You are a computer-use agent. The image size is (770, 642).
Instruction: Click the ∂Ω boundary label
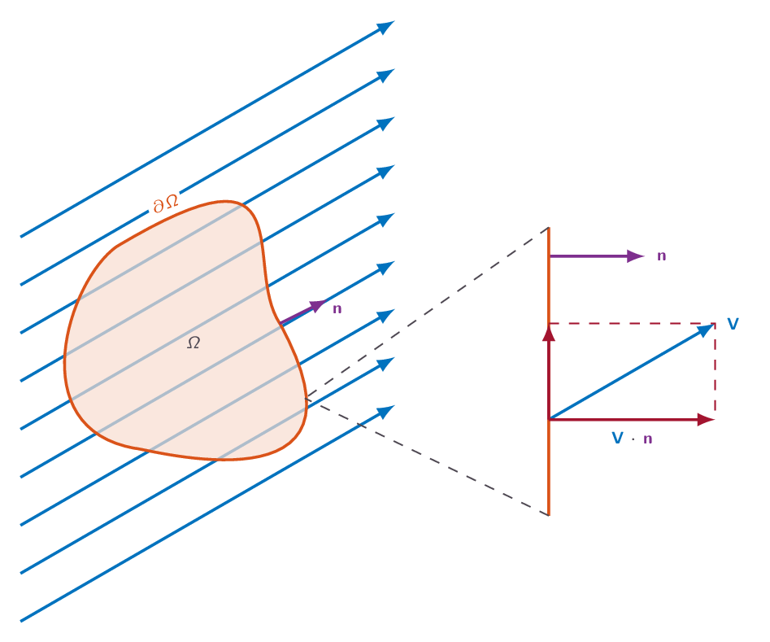pos(166,203)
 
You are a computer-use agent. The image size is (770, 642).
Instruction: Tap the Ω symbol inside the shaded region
pos(194,343)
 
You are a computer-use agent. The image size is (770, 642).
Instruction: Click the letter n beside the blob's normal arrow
pos(337,308)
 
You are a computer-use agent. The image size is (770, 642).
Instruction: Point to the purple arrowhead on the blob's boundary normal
pos(318,305)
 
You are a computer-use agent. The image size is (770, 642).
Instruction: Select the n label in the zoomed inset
pos(662,256)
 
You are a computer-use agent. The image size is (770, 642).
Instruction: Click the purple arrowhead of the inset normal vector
pos(636,256)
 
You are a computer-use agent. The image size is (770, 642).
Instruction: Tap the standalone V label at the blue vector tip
pos(733,324)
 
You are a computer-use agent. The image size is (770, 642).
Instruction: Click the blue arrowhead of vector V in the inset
pos(706,330)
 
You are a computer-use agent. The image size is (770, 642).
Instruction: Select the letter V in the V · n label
pos(618,438)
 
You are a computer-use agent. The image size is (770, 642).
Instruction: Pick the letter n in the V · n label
pos(648,439)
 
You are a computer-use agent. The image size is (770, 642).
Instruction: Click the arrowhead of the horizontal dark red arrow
pos(706,420)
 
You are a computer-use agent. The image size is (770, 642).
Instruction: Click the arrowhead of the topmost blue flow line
pos(386,27)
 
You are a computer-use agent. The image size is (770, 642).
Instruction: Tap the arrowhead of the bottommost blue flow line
pos(386,412)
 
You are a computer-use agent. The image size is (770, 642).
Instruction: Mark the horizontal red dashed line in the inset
pos(632,324)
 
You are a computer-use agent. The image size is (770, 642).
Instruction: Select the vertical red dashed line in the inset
pos(715,372)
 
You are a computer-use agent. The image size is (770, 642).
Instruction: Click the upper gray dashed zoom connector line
pos(426,312)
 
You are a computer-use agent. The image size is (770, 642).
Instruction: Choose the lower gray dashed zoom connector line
pos(426,457)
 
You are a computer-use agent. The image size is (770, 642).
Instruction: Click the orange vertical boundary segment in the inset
pos(549,372)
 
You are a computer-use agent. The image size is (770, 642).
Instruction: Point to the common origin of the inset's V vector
pos(550,420)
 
